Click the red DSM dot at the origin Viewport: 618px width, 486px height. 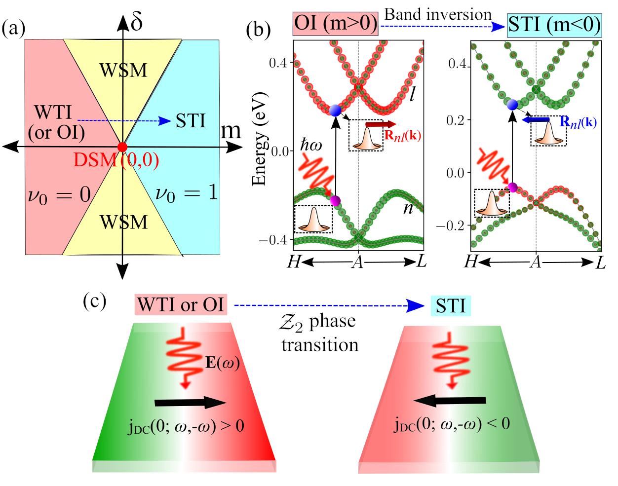pyautogui.click(x=122, y=147)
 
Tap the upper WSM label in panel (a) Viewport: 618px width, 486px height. pyautogui.click(x=123, y=70)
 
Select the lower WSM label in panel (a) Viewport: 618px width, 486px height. pyautogui.click(x=123, y=222)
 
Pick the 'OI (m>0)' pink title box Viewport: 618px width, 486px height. pyautogui.click(x=336, y=23)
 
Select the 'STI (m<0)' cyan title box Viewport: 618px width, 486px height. pyautogui.click(x=554, y=25)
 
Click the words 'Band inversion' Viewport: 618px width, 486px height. pyautogui.click(x=438, y=14)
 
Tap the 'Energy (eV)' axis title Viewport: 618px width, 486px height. pyautogui.click(x=260, y=139)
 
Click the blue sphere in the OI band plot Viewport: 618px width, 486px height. pyautogui.click(x=335, y=111)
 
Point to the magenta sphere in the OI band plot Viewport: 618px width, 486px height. pyautogui.click(x=335, y=201)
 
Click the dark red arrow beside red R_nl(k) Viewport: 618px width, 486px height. pyautogui.click(x=381, y=124)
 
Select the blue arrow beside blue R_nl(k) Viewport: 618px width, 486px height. pyautogui.click(x=537, y=119)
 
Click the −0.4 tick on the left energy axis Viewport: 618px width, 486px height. pyautogui.click(x=280, y=240)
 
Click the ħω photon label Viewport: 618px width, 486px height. pyautogui.click(x=311, y=146)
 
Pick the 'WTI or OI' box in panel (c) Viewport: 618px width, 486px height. pyautogui.click(x=181, y=304)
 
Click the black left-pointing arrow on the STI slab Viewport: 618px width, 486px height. pyautogui.click(x=450, y=401)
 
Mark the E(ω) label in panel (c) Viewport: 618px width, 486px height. pyautogui.click(x=223, y=363)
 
